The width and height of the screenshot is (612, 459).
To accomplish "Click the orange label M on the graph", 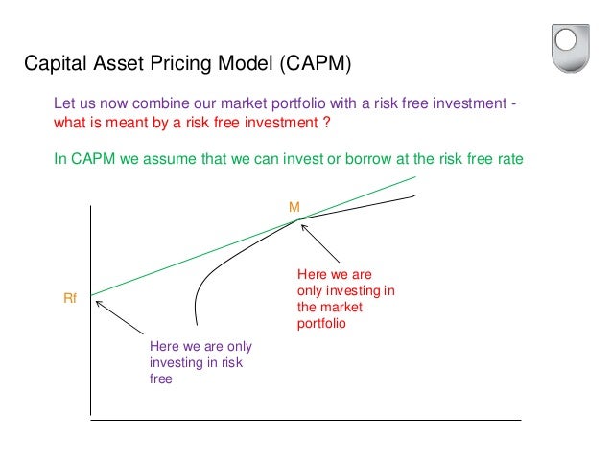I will tap(294, 206).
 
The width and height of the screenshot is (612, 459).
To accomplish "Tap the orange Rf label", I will tap(69, 300).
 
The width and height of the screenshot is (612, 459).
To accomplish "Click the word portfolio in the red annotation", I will tap(320, 324).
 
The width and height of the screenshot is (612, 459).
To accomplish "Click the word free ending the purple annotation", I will tap(160, 379).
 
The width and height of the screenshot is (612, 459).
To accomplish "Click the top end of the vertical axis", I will tap(90, 205).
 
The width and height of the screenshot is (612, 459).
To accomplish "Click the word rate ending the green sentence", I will tap(510, 159).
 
